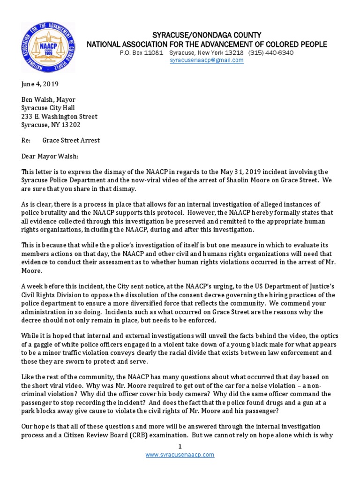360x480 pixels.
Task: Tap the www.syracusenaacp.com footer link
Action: coord(180,455)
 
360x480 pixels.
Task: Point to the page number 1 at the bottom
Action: coord(180,447)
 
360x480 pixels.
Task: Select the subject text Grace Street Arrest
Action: coord(71,140)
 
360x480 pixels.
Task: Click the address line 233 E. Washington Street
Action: coord(60,117)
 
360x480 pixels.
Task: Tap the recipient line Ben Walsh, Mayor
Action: coord(48,100)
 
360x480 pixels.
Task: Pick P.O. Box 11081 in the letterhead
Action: coord(141,52)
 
